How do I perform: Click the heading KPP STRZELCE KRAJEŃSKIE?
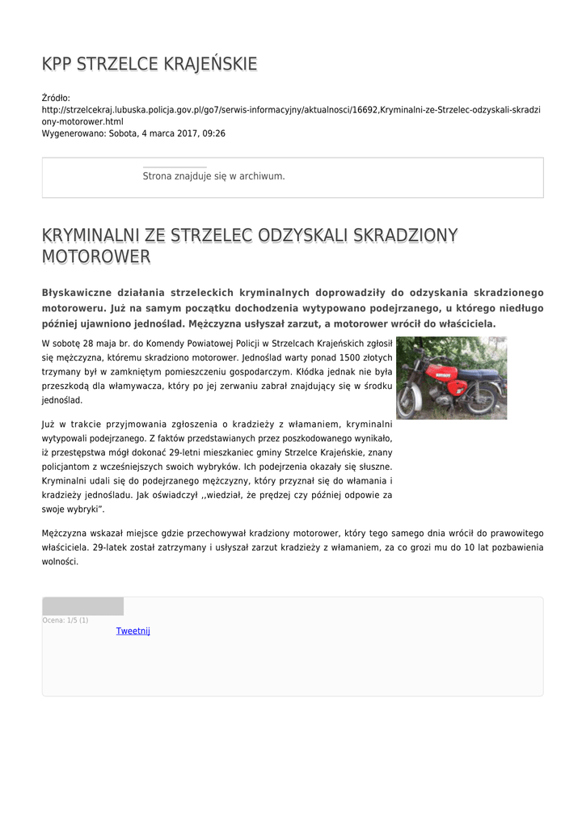point(150,64)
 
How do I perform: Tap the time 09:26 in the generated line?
point(214,133)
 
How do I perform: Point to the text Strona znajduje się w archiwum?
point(213,175)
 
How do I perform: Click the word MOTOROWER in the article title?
point(96,257)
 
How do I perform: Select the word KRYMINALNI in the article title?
point(91,235)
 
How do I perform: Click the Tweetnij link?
point(133,631)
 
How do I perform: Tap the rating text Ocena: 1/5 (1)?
point(65,620)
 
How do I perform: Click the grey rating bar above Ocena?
point(82,606)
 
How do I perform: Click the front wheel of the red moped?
point(410,399)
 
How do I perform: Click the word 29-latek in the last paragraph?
point(111,547)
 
